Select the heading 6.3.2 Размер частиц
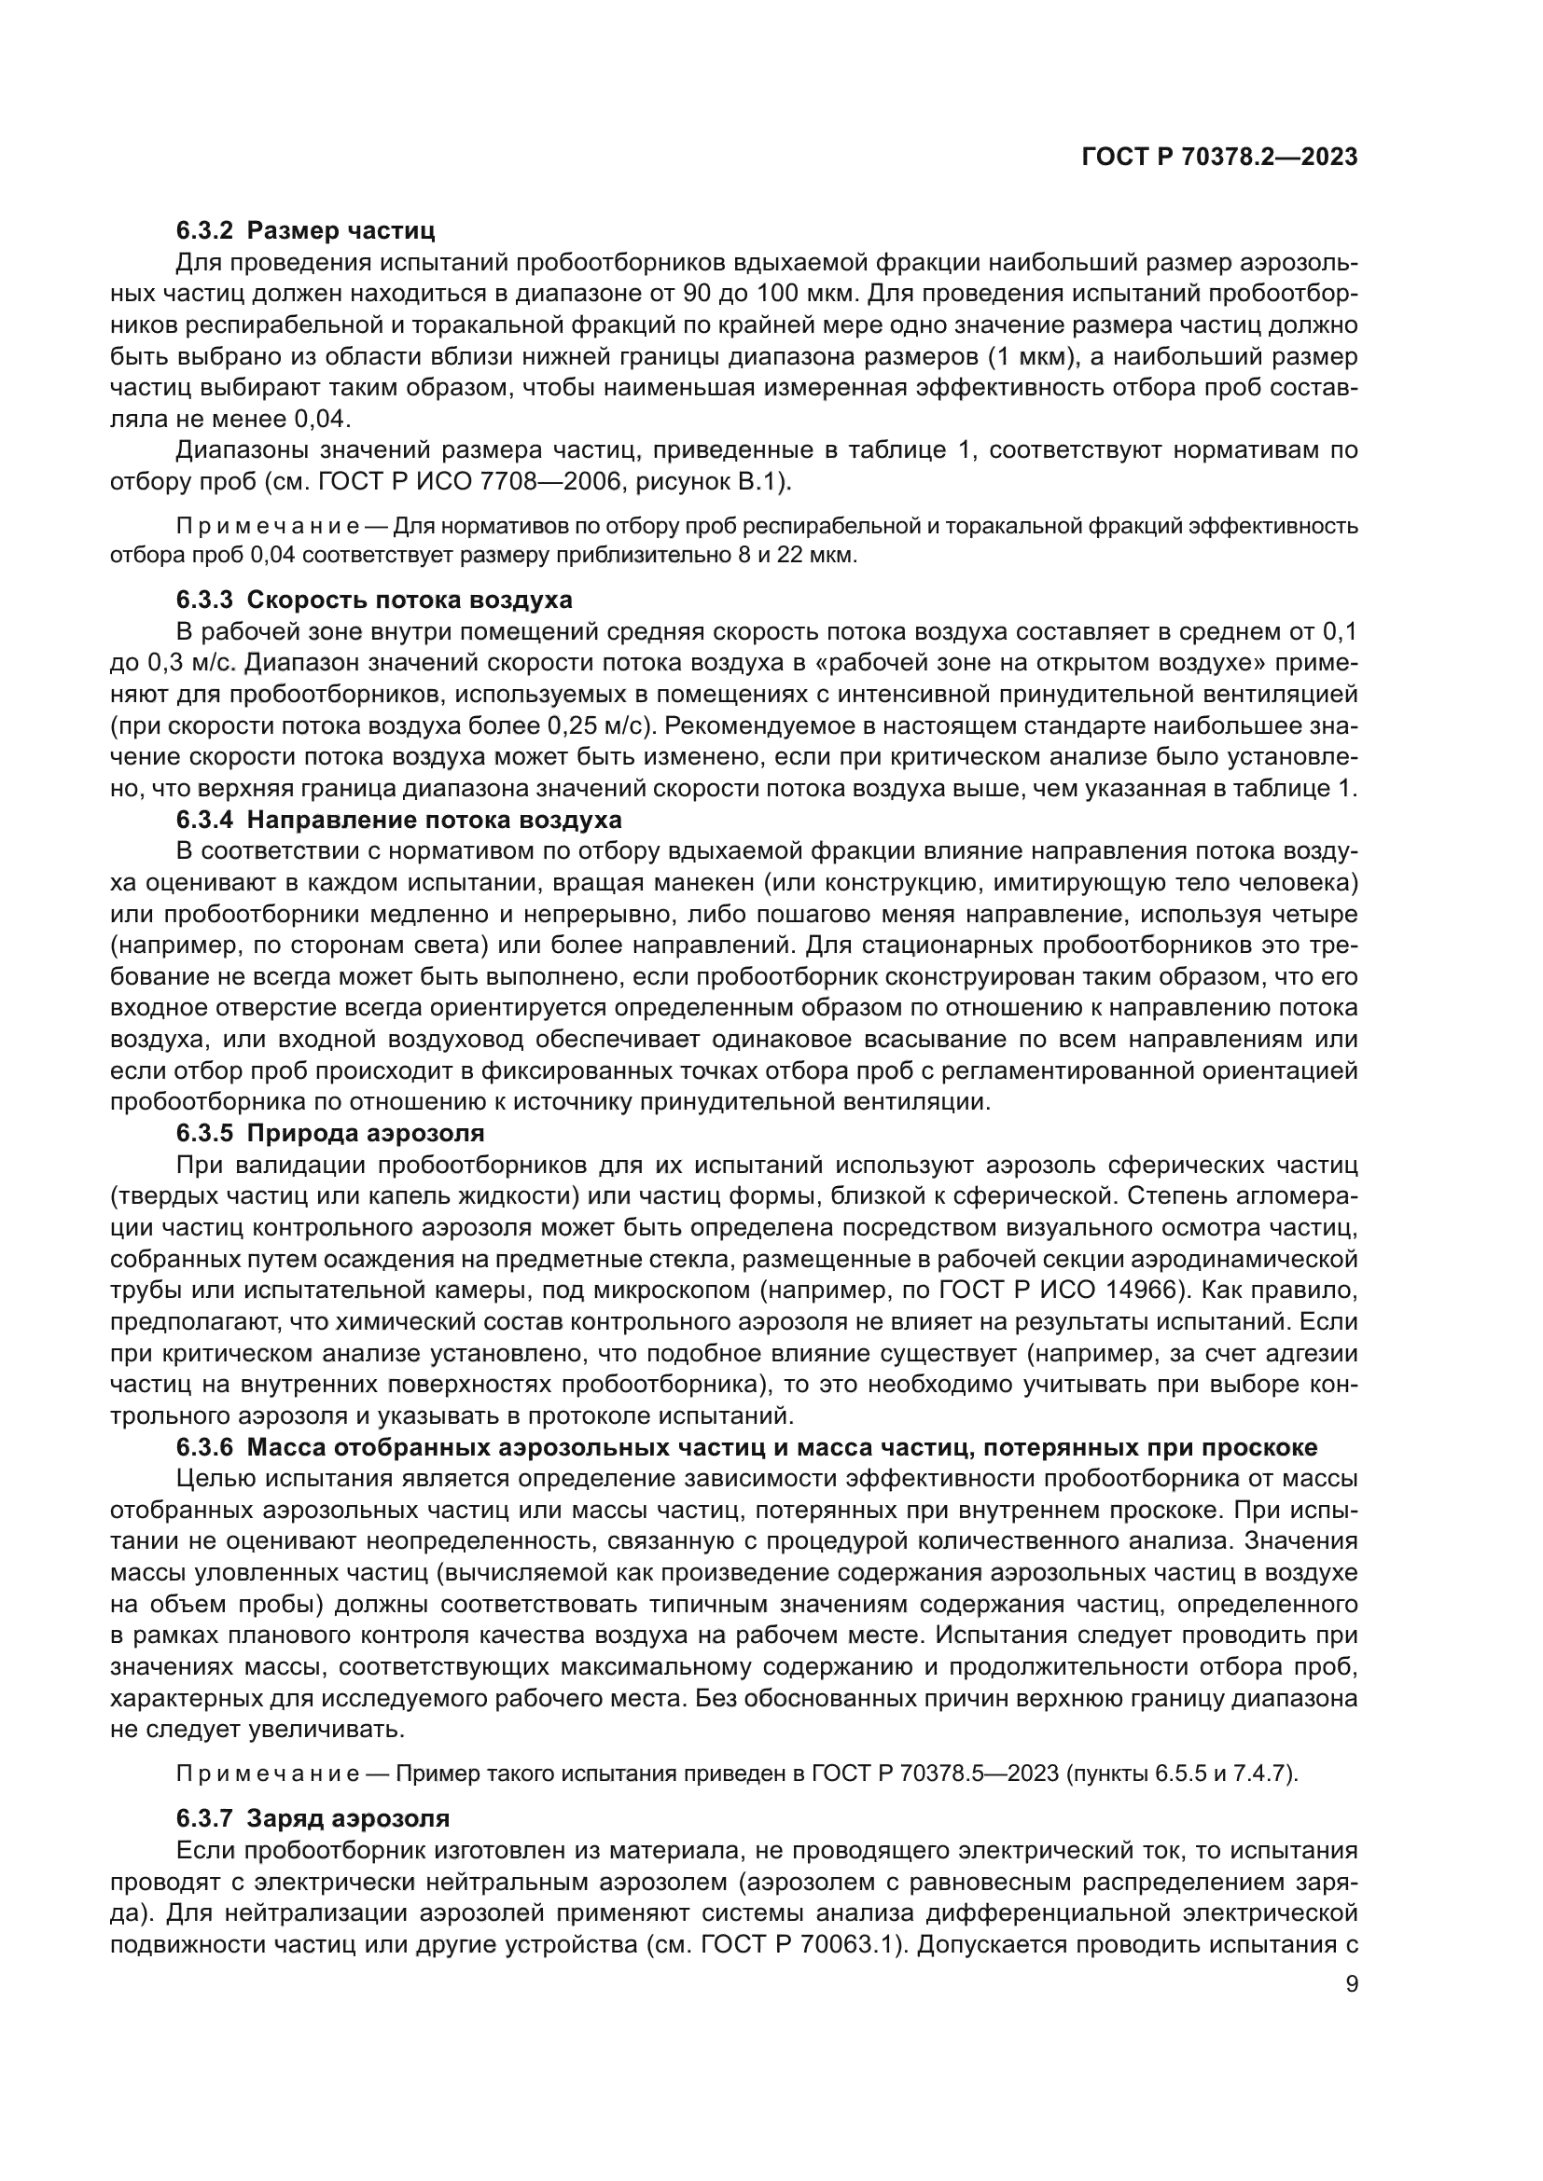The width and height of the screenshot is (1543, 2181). pyautogui.click(x=305, y=230)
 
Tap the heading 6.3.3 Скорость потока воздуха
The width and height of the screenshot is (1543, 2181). pyautogui.click(x=374, y=600)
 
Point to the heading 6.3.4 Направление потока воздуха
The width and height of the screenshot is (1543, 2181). pyautogui.click(x=399, y=819)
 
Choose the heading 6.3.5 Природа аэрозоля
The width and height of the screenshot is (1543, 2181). pyautogui.click(x=329, y=1132)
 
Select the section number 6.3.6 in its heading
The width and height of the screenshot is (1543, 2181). pyautogui.click(x=203, y=1447)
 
